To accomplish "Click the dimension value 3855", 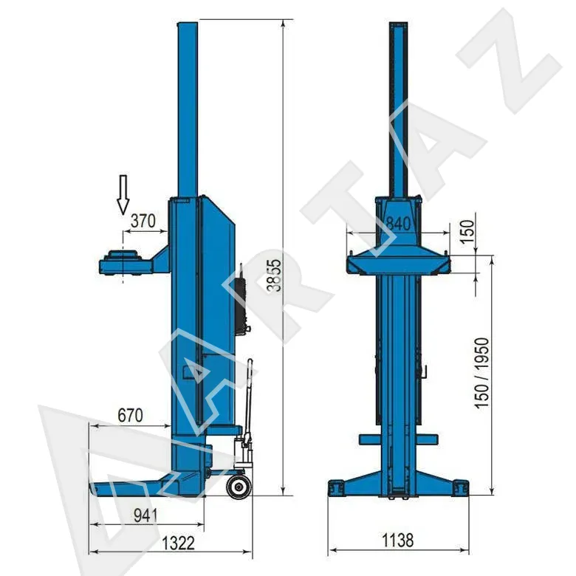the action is click(274, 275).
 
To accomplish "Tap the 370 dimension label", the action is click(143, 221).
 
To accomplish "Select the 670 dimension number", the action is click(131, 416).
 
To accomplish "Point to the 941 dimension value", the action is click(145, 515).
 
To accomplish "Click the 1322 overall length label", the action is click(178, 544).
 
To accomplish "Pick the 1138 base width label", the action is click(398, 541).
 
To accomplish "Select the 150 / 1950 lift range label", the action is click(482, 373).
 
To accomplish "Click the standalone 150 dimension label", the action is click(467, 231).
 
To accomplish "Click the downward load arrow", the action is click(123, 194).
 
